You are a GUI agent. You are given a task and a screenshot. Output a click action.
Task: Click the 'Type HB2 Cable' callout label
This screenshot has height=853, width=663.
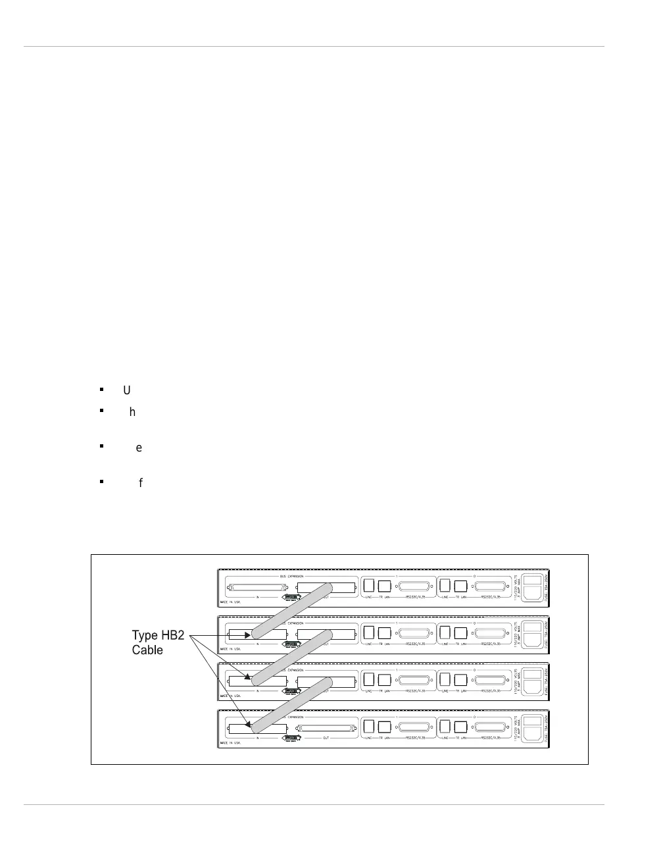(158, 642)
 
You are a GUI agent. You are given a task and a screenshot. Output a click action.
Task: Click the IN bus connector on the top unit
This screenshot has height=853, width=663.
(257, 586)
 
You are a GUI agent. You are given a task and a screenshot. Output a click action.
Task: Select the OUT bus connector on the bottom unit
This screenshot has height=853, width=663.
(326, 729)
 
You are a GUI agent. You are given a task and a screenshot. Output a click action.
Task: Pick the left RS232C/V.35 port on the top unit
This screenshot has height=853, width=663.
(413, 586)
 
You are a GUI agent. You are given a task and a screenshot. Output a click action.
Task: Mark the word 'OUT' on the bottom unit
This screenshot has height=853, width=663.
(326, 738)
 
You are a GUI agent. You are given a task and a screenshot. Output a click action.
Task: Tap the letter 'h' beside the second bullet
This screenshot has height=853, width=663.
(132, 412)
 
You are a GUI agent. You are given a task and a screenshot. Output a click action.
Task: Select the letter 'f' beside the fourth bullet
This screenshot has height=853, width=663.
(140, 483)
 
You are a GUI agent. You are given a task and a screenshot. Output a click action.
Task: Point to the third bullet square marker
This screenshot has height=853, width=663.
(102, 446)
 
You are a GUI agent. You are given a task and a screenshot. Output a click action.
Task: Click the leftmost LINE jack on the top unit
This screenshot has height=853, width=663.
(369, 585)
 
